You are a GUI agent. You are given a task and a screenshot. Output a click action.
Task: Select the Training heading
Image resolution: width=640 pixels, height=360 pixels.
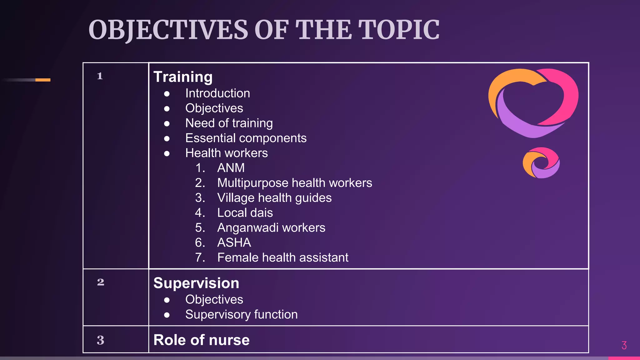pos(183,77)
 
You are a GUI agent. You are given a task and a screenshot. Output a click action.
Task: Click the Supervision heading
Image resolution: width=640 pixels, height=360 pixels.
pos(196,283)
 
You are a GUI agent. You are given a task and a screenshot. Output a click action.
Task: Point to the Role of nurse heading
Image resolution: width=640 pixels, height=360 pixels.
pos(202,340)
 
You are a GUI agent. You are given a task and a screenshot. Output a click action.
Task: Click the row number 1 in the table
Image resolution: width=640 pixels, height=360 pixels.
pos(100,76)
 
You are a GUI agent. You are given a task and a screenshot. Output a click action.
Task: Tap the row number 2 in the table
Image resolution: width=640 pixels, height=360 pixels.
pos(100,282)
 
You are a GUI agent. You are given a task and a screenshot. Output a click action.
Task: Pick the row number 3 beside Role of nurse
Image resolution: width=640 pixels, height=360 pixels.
pos(100,340)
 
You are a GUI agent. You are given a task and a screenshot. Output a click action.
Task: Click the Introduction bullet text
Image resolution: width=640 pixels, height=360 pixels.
pos(217,93)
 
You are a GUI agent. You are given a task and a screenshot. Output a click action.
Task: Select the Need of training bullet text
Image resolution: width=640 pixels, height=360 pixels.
pos(229,123)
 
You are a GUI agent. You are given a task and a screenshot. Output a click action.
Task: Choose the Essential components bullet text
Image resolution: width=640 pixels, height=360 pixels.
pos(246,138)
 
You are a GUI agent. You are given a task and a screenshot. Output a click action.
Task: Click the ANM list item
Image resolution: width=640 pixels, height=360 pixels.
pos(231,168)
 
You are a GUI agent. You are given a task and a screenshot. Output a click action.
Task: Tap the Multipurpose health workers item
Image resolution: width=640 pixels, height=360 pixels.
pos(294,183)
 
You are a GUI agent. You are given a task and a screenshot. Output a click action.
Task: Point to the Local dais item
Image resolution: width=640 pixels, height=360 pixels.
pos(245,213)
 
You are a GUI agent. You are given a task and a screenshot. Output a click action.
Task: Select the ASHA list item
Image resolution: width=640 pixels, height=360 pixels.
pos(234,242)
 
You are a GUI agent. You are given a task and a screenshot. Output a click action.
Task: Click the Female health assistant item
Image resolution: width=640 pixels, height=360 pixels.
pos(282,257)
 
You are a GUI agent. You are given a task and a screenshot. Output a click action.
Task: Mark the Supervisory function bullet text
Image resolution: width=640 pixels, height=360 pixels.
pos(241,314)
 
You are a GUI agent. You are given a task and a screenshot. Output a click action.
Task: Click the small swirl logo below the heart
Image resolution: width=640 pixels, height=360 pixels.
pos(541,163)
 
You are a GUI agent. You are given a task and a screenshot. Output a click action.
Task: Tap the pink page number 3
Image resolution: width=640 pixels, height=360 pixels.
pos(624,345)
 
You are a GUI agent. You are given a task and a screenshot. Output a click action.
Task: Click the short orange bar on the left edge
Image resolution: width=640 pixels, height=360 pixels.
pos(43,80)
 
